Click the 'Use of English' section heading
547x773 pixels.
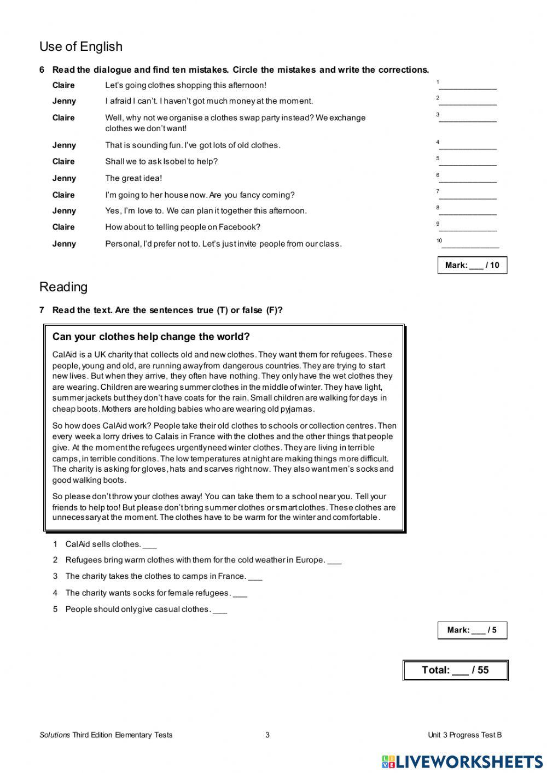[x=81, y=47]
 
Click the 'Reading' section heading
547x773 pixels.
[x=63, y=287]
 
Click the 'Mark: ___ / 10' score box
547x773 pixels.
[x=472, y=265]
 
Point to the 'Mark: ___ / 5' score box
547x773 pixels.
[x=472, y=630]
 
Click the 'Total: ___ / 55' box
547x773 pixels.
[x=455, y=670]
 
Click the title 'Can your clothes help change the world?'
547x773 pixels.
[x=151, y=337]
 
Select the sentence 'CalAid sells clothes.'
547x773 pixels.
[x=103, y=544]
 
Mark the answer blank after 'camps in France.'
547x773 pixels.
[x=255, y=577]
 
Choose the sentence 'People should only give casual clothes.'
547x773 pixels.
[x=138, y=609]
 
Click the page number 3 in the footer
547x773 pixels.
[x=267, y=735]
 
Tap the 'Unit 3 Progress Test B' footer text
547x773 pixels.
[x=464, y=735]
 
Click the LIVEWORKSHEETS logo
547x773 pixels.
[x=462, y=762]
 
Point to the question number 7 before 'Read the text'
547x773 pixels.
[x=42, y=311]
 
